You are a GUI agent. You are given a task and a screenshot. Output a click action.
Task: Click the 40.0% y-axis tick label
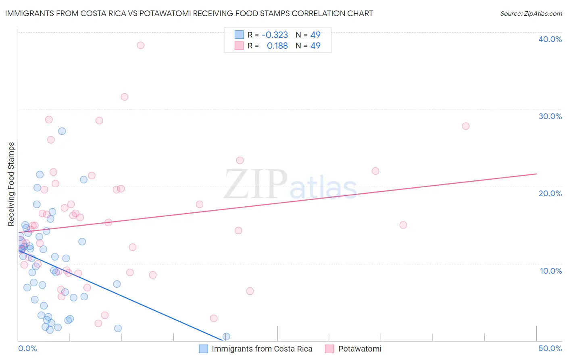point(550,39)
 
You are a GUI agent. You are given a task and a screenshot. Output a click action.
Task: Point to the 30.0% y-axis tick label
point(550,116)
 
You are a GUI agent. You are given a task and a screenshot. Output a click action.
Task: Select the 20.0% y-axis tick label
point(550,193)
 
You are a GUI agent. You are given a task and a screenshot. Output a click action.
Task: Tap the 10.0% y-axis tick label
point(550,271)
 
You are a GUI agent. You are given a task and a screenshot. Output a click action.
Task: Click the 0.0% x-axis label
point(27,348)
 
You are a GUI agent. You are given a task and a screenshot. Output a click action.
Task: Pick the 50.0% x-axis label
point(550,348)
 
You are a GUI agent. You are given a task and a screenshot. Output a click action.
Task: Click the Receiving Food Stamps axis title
point(11,184)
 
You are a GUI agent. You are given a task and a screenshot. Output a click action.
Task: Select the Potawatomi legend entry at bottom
point(359,349)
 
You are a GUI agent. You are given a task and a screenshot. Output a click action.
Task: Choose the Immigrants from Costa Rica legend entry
point(262,349)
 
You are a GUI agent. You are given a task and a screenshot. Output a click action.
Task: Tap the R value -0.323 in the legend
point(275,35)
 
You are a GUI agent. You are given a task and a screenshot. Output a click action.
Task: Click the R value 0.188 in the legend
point(277,46)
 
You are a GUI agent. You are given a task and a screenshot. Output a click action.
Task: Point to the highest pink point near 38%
point(140,45)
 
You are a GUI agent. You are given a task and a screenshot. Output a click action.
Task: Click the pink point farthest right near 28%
point(465,126)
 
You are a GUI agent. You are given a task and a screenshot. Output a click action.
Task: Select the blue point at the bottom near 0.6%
point(226,337)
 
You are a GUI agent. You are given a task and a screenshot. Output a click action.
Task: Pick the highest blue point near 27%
point(62,131)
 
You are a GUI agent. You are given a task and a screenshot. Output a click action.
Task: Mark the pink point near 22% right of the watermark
point(375,171)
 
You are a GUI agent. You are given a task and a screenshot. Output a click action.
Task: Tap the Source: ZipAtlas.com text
point(531,13)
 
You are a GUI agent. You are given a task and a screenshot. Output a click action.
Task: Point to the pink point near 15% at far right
point(403,225)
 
